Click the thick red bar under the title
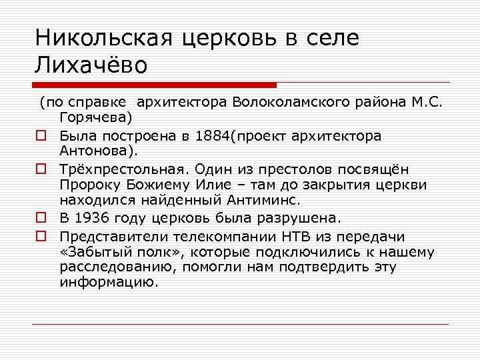(154, 85)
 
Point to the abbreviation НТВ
(296, 237)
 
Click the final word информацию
(109, 282)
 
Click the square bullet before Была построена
(41, 137)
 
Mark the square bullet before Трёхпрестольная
(41, 169)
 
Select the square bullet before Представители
(41, 237)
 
